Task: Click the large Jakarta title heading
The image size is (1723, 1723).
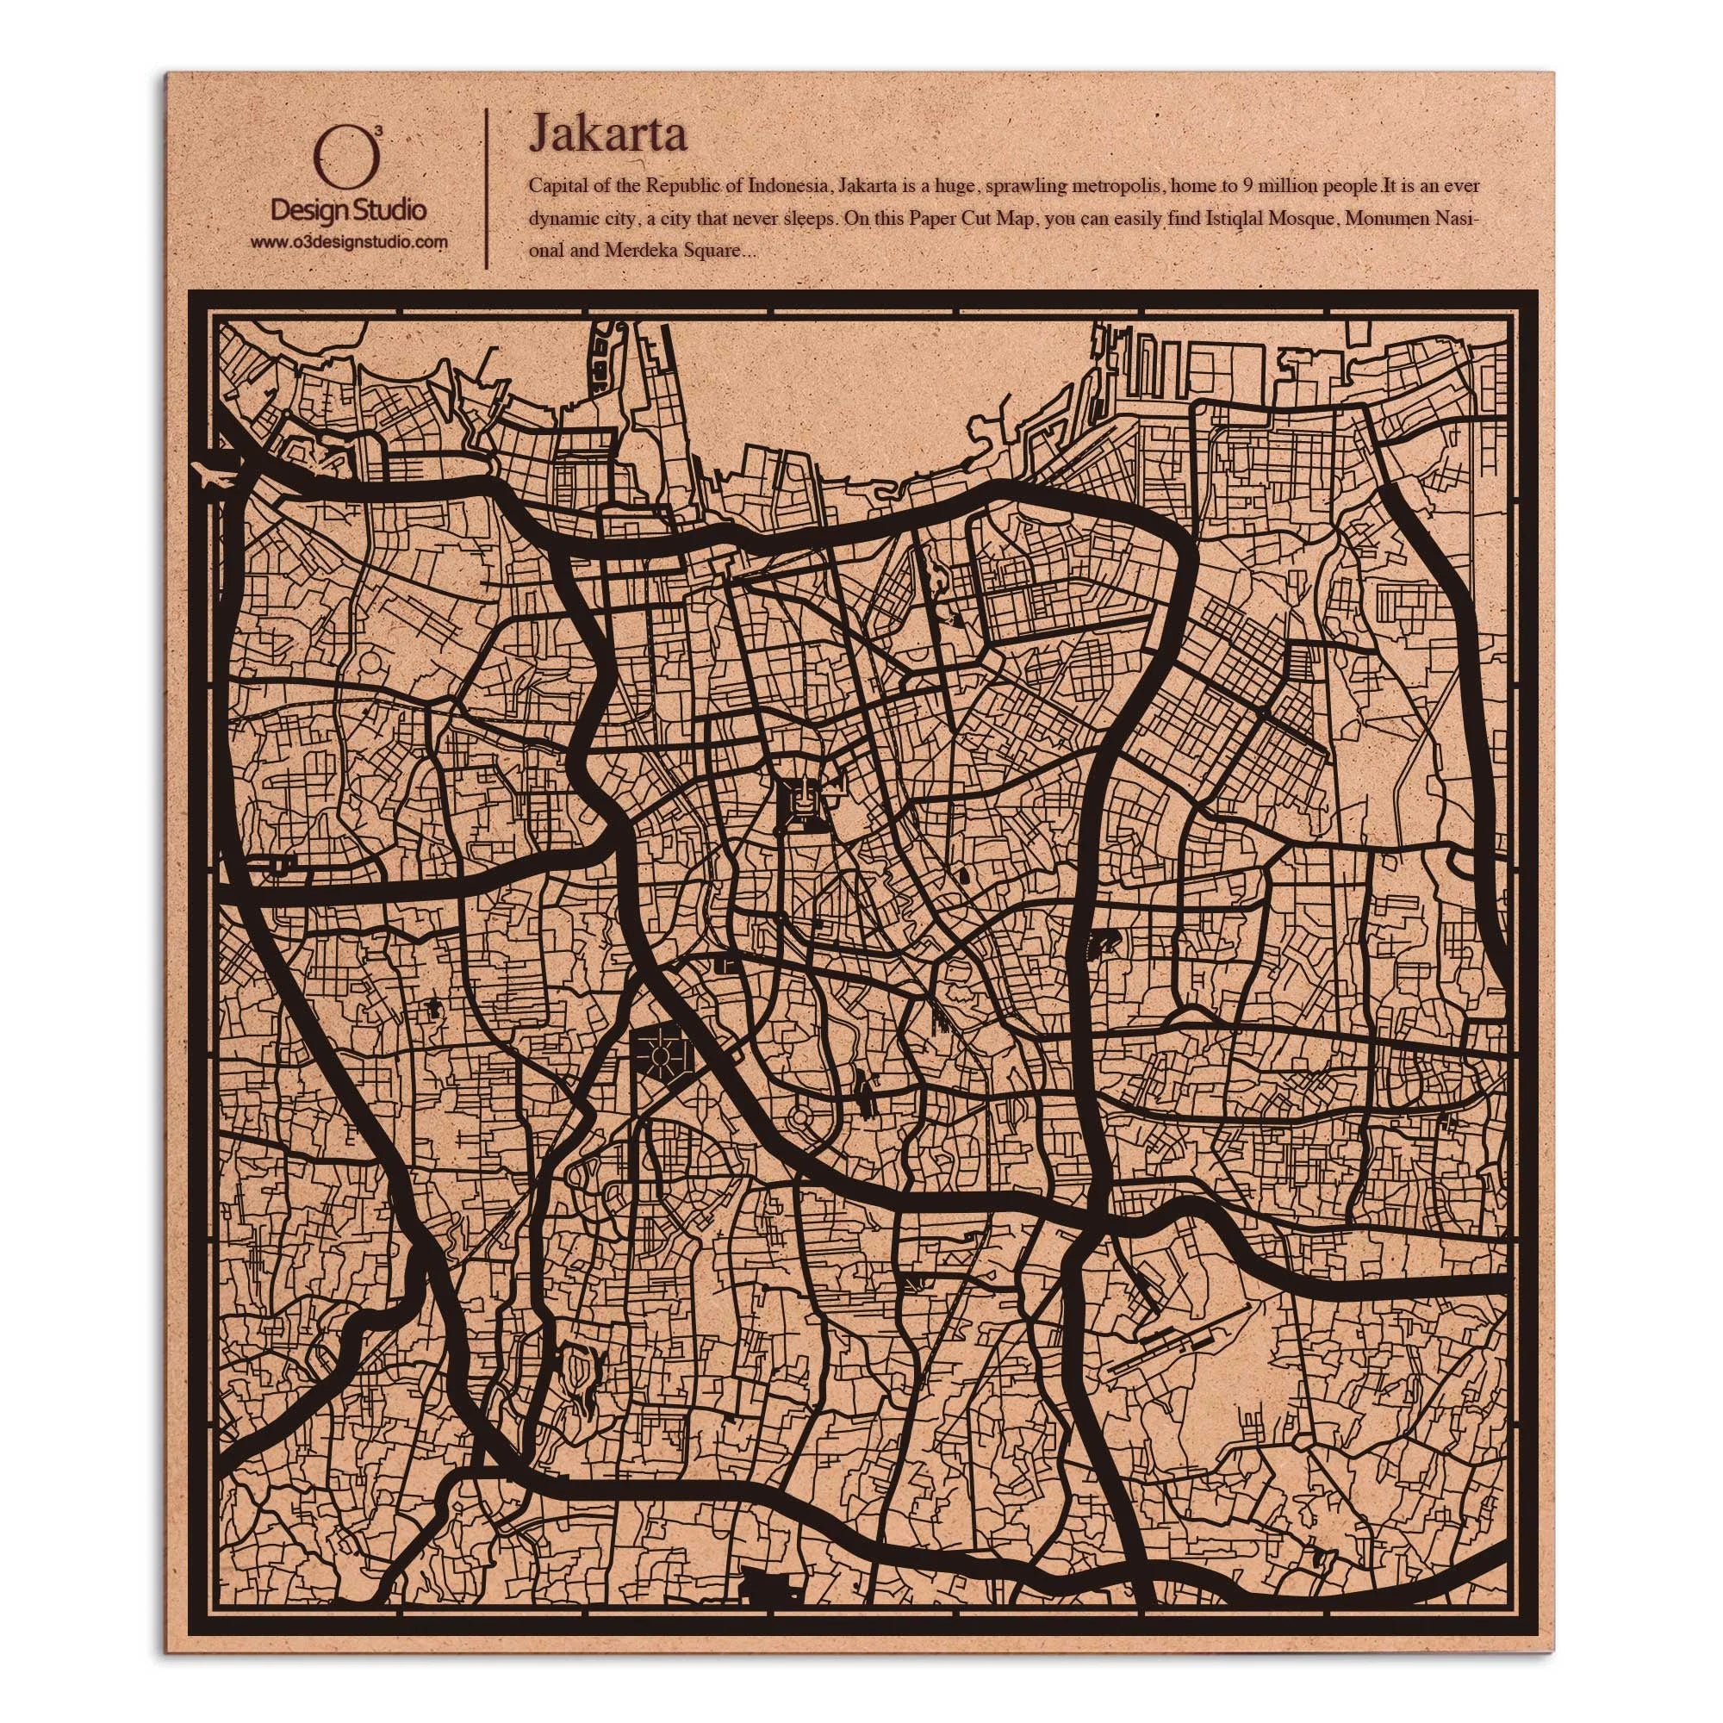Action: (607, 134)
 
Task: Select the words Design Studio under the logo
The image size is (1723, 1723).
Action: (348, 211)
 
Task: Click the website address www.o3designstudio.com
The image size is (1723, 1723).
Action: (348, 242)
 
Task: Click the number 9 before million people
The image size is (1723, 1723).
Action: (1246, 187)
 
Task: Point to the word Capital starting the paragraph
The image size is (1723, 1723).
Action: (556, 187)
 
